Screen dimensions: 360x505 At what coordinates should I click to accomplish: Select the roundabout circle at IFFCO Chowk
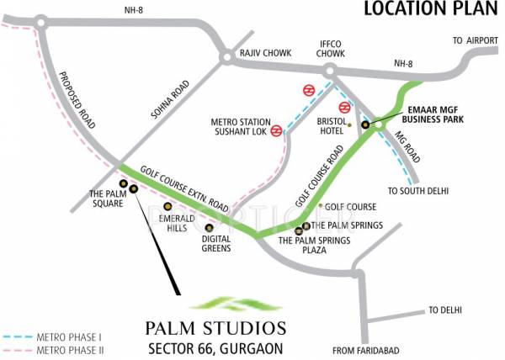pos(330,71)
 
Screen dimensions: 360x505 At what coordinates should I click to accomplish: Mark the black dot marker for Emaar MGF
pos(365,125)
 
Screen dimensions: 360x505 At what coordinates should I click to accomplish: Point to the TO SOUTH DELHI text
pos(415,190)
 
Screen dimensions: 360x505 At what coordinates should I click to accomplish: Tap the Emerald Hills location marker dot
pos(167,206)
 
